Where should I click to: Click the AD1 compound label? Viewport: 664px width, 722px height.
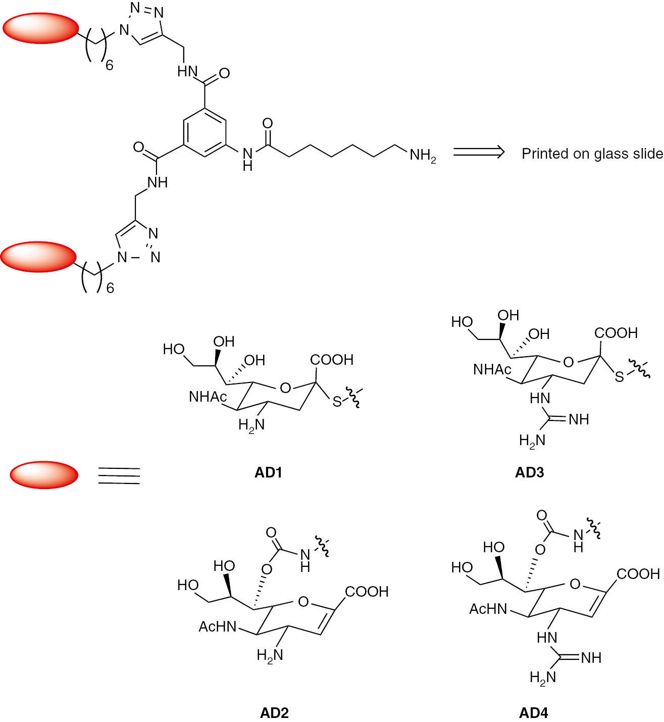pos(268,472)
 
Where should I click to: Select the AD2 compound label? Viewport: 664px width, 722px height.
pos(274,712)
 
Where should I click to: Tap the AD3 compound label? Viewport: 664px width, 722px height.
pos(529,472)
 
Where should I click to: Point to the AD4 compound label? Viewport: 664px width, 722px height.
pos(533,712)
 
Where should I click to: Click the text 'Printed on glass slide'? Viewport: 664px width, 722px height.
pos(592,154)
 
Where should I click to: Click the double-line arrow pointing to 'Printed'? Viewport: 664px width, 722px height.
pos(479,152)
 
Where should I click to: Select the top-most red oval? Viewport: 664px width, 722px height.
pos(41,28)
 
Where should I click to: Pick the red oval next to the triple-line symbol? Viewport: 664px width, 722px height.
pos(44,475)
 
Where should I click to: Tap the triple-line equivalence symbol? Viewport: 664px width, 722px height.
pos(119,475)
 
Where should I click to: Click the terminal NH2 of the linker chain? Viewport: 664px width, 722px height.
pos(423,155)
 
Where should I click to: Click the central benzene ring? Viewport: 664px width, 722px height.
pos(205,133)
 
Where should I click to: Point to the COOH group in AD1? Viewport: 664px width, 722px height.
pos(331,360)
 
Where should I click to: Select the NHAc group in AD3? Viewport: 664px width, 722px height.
pos(492,370)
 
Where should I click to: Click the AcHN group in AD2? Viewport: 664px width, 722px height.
pos(218,627)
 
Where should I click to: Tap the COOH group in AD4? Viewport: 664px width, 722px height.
pos(638,574)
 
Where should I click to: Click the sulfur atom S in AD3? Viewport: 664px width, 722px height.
pos(619,377)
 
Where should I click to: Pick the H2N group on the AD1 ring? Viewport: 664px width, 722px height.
pos(251,425)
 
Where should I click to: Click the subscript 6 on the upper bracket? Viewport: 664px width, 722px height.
pos(110,65)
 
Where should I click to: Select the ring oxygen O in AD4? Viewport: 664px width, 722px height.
pos(575,585)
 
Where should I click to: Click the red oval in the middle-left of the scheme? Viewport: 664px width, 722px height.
pos(38,257)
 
